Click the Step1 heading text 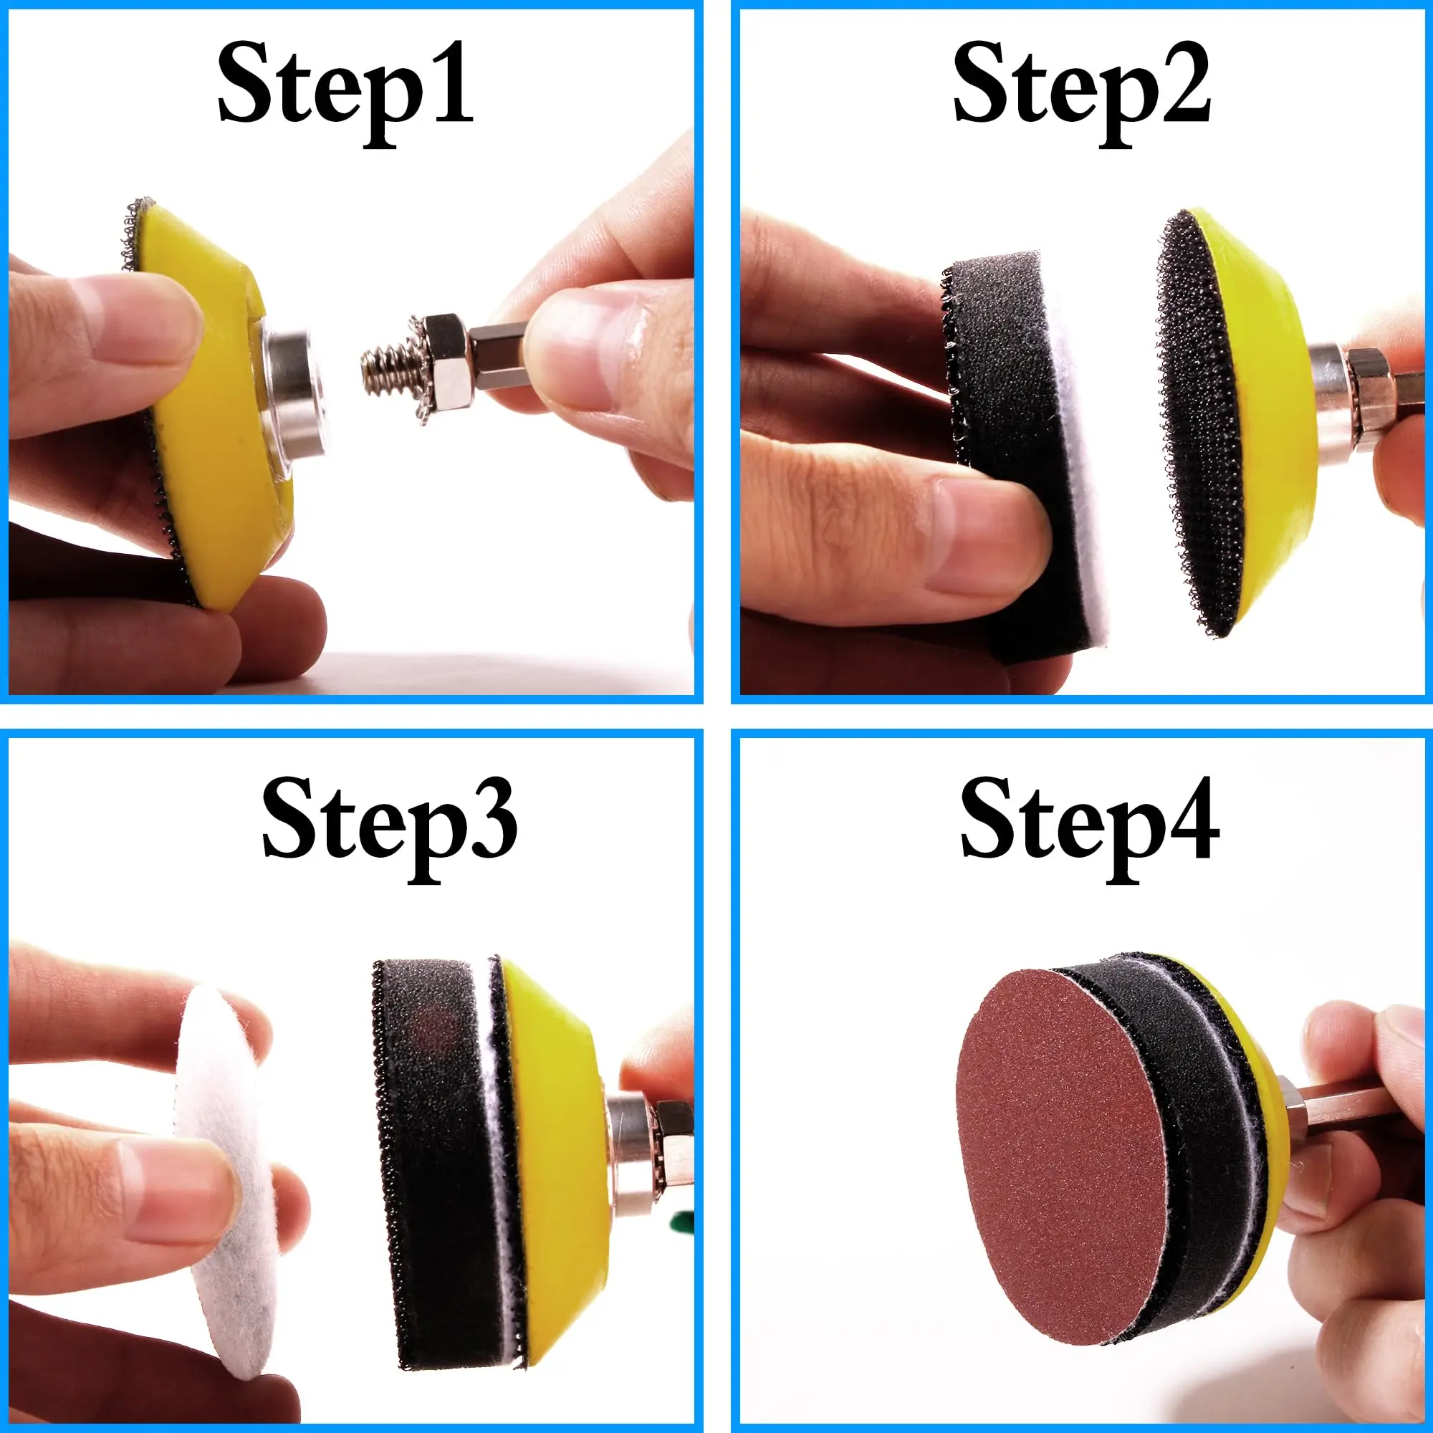345,85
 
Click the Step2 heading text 1081,85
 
